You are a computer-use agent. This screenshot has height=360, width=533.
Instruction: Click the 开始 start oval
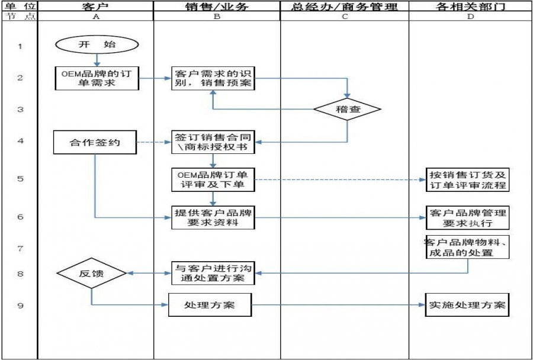click(97, 44)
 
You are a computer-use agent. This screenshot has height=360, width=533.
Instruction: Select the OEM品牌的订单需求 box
click(96, 78)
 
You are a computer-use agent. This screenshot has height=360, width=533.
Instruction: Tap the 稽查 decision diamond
click(347, 110)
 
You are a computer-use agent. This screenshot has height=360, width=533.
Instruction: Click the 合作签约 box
click(94, 143)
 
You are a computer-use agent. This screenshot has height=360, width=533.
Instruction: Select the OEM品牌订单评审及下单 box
click(213, 179)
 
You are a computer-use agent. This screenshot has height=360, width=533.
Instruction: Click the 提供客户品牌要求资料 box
click(213, 217)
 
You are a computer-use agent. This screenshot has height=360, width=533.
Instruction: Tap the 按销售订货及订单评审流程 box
click(468, 179)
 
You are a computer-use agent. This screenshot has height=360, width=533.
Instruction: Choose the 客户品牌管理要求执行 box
click(468, 217)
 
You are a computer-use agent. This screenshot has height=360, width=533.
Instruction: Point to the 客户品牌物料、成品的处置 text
click(468, 247)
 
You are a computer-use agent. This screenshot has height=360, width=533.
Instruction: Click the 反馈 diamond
click(91, 273)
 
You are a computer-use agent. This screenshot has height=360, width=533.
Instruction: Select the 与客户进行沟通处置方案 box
click(213, 273)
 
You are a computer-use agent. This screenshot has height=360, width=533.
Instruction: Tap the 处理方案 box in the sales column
click(210, 305)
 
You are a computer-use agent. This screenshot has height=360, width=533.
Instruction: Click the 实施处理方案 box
click(468, 305)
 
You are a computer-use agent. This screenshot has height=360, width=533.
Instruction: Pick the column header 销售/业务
click(216, 7)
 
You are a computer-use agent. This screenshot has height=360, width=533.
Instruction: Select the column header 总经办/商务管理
click(344, 7)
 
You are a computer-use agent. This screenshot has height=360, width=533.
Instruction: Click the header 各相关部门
click(470, 7)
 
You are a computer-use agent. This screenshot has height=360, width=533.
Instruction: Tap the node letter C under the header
click(344, 17)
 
